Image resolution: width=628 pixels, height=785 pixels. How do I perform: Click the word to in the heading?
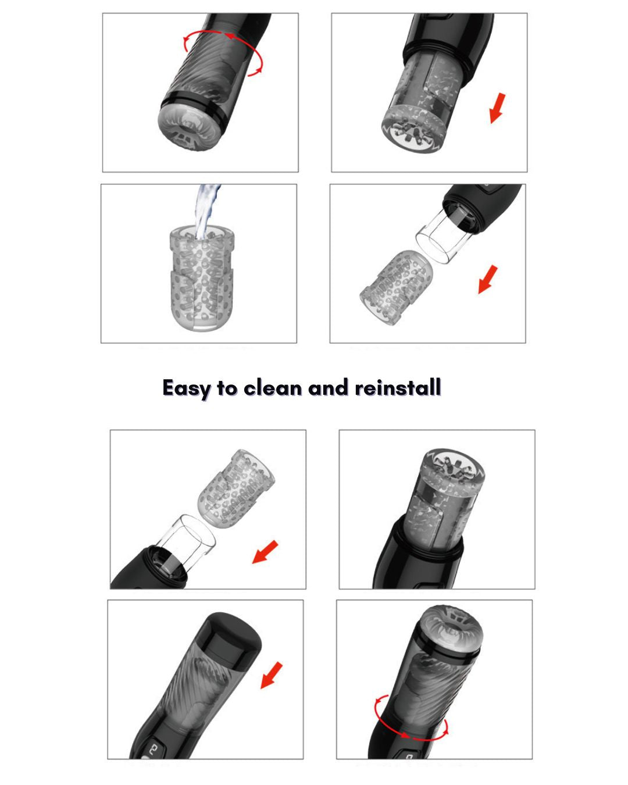pyautogui.click(x=227, y=387)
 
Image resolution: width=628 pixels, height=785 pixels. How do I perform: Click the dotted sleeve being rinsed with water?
pyautogui.click(x=201, y=279)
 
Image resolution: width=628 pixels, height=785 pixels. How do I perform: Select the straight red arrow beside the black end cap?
pyautogui.click(x=272, y=676)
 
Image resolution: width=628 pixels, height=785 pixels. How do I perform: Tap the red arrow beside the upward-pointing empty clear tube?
pyautogui.click(x=265, y=552)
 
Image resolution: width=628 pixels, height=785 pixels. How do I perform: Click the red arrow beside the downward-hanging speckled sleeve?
pyautogui.click(x=497, y=108)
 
